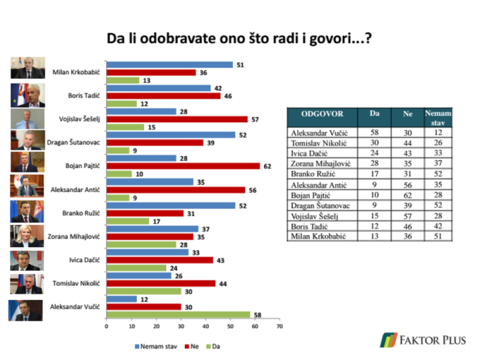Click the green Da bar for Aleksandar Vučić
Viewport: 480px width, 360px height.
[178, 314]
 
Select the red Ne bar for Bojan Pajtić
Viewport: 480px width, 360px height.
[183, 166]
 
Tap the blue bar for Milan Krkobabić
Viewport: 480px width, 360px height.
[169, 65]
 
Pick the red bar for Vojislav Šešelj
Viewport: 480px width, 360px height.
[177, 119]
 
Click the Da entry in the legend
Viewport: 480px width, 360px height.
[212, 346]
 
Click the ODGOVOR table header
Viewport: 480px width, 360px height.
[322, 114]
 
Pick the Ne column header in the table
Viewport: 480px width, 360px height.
[408, 114]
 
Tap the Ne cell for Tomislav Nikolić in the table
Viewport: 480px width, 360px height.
[408, 143]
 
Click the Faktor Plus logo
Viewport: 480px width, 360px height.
[422, 340]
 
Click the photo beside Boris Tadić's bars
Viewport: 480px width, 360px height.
[28, 96]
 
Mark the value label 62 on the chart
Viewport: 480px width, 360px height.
[267, 166]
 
